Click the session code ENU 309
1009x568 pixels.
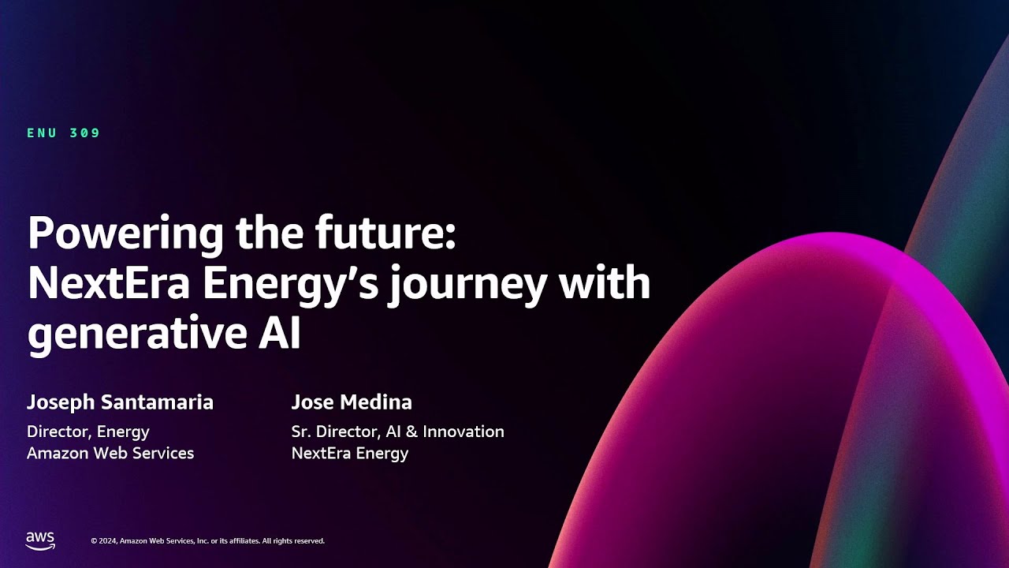[x=64, y=133]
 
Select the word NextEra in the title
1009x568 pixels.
[x=109, y=284]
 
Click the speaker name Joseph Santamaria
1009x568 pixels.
[x=120, y=402]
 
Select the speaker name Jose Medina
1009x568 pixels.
[x=352, y=402]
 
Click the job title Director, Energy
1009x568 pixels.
[x=88, y=432]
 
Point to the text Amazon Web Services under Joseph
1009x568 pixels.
[x=110, y=453]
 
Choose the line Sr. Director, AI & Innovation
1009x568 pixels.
[x=397, y=432]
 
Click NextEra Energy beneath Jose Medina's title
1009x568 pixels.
[x=350, y=453]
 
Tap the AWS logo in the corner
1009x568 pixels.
[x=40, y=540]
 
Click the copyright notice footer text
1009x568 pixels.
[x=207, y=541]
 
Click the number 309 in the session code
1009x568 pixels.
[x=85, y=133]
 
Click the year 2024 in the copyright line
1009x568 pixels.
[x=108, y=541]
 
